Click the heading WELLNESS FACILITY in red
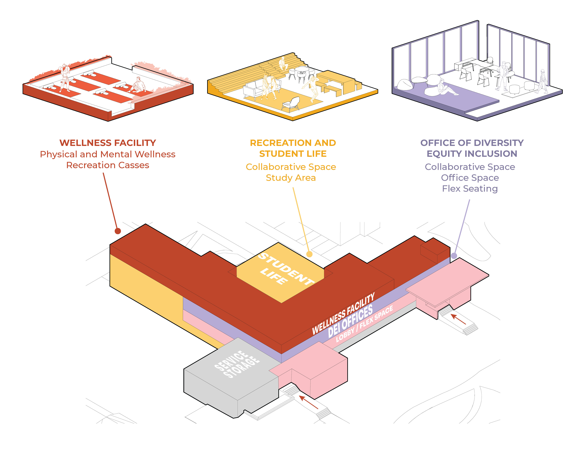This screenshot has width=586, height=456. pos(108,143)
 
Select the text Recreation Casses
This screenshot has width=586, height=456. pos(108,165)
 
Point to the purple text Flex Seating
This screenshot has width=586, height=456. pos(470,189)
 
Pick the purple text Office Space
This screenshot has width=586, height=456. pos(470,178)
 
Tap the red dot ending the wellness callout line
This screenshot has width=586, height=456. pos(118,231)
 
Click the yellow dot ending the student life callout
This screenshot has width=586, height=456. pos(309,254)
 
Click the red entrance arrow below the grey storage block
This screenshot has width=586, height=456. pos(309,402)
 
